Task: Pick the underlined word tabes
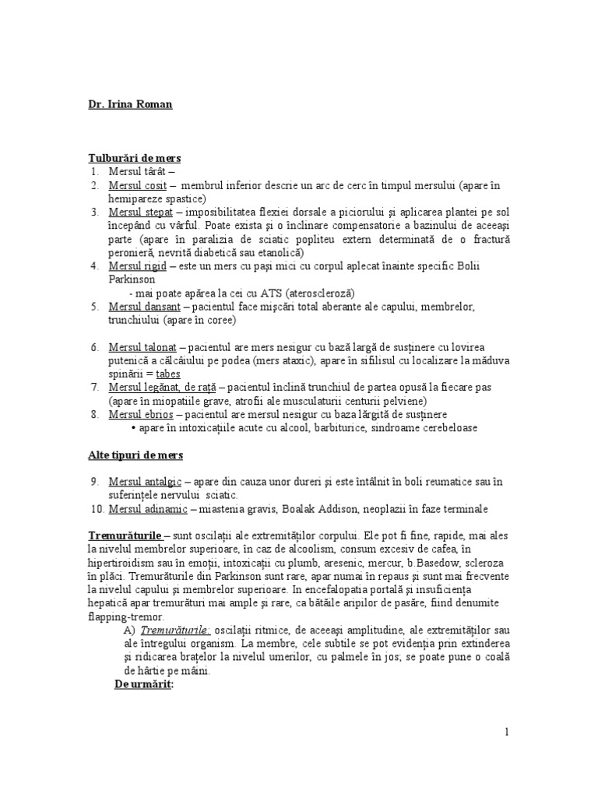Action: tap(169, 374)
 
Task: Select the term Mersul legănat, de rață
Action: tap(154, 387)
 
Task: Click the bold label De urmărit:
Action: tap(143, 684)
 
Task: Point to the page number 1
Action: tap(507, 732)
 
